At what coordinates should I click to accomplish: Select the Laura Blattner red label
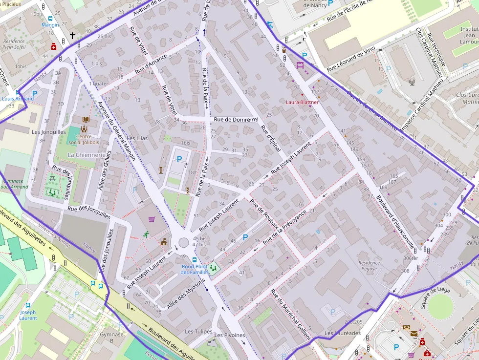coord(302,103)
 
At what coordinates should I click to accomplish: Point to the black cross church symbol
coord(72,36)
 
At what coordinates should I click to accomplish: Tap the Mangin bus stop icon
coord(50,19)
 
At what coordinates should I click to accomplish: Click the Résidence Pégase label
coord(369,266)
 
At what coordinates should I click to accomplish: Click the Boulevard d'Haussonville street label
coord(395,222)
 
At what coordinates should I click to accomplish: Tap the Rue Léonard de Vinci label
coord(351,58)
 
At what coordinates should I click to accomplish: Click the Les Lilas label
coord(137,139)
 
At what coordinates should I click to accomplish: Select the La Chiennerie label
coord(87,155)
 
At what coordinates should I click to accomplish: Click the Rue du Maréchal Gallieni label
coord(290,315)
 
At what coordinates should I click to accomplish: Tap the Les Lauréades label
coord(343,334)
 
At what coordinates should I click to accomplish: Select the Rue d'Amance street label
coord(151,64)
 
